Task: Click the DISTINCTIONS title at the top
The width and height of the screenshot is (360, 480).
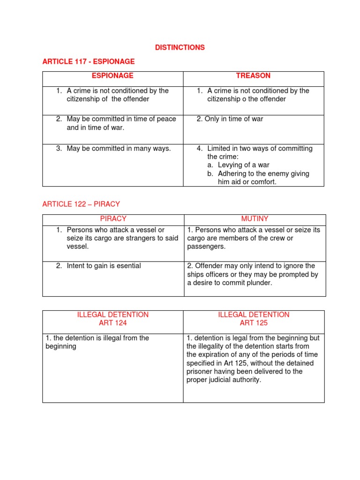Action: click(180, 48)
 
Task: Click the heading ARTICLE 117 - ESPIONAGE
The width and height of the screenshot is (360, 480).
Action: click(88, 61)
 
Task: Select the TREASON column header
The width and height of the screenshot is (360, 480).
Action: click(253, 75)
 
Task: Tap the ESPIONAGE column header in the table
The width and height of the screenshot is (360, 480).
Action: click(112, 75)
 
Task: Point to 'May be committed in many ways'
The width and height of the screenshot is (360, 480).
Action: click(118, 149)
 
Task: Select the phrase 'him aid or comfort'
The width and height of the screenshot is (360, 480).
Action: click(247, 182)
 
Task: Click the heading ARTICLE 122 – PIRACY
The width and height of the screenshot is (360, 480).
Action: click(81, 204)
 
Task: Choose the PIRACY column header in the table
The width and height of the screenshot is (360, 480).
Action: click(113, 219)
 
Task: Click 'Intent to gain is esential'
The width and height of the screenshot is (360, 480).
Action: click(103, 266)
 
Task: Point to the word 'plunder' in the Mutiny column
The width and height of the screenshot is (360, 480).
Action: click(260, 283)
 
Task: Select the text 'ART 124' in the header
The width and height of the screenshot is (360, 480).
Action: click(112, 323)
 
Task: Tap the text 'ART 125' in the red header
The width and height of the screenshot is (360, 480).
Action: click(254, 323)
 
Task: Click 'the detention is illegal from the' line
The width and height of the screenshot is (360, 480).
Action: click(97, 338)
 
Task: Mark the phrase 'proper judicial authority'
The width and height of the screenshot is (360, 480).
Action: click(224, 380)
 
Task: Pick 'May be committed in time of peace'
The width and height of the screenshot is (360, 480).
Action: click(121, 119)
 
